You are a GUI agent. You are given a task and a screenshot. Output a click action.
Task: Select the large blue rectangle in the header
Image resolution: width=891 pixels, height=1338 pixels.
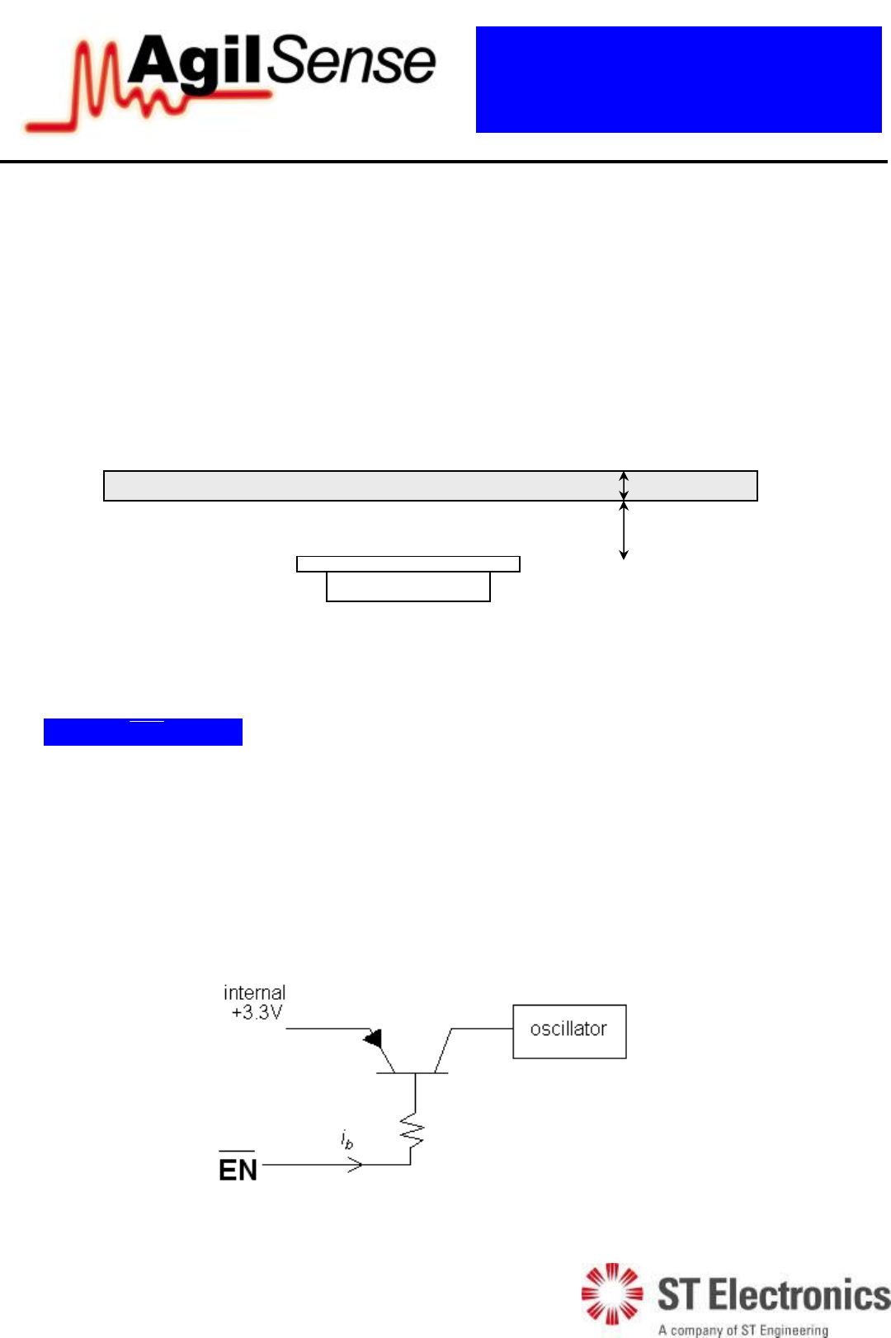[678, 79]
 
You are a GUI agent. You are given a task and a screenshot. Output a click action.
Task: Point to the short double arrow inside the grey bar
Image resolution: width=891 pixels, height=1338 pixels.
[625, 485]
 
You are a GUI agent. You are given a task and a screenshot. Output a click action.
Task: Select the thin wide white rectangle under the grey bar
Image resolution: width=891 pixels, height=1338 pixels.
[408, 564]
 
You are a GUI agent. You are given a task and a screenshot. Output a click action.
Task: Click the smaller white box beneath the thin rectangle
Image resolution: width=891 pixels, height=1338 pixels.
[408, 587]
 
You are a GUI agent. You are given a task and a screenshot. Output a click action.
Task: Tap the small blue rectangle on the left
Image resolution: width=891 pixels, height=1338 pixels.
[143, 733]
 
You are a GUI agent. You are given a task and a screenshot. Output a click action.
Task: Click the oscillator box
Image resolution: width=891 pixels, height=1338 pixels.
[569, 1031]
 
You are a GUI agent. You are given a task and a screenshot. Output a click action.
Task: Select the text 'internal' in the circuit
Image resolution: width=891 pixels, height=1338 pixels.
[254, 992]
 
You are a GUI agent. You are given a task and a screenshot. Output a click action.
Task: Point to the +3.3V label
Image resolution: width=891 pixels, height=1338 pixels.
[257, 1013]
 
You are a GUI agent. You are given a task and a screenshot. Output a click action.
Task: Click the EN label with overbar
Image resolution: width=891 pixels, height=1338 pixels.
[238, 1169]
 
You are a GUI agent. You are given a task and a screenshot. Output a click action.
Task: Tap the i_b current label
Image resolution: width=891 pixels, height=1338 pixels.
[347, 1140]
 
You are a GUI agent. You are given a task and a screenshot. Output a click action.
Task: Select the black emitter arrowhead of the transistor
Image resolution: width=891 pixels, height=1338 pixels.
[373, 1038]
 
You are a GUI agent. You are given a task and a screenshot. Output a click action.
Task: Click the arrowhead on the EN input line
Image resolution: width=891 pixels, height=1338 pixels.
[356, 1165]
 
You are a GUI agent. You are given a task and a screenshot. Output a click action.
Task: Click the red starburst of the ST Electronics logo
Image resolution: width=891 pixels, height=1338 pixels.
[611, 1293]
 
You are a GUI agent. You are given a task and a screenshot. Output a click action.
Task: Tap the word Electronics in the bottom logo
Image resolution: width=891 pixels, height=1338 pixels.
[799, 1295]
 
